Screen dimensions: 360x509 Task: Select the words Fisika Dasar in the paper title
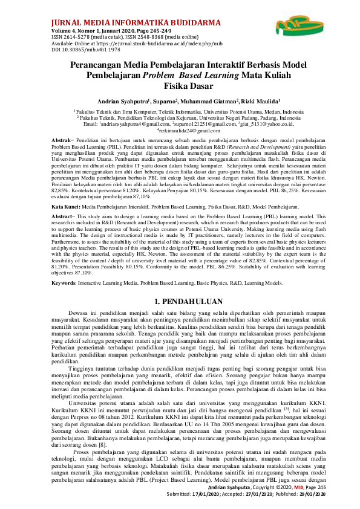coord(180,85)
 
